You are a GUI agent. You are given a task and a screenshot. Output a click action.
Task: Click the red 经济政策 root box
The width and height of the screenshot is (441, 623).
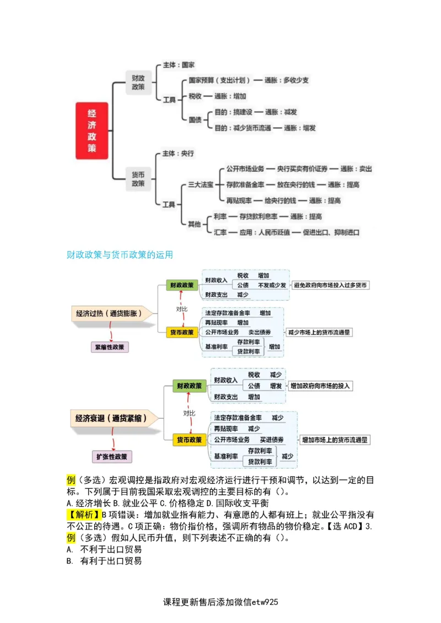pos(92,131)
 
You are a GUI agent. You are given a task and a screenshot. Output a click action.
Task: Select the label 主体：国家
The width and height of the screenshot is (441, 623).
pos(179,65)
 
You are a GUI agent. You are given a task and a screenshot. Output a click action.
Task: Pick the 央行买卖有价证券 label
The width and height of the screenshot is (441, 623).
pos(302,168)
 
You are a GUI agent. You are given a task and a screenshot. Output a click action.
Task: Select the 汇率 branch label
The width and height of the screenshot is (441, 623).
pos(220,232)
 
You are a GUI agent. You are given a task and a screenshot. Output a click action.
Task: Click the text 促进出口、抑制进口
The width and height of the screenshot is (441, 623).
pos(331,232)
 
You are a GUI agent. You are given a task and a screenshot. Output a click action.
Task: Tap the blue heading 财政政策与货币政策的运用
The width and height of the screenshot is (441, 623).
pos(120,255)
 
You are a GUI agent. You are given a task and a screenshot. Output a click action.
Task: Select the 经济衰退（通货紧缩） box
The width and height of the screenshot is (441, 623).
pos(111,418)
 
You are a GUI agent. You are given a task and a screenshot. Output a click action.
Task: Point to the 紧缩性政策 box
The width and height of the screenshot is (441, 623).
pos(110,347)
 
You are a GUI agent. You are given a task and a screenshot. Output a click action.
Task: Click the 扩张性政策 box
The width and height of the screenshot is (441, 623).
pos(112,456)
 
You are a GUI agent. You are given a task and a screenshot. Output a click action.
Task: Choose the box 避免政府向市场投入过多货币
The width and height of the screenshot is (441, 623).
pos(331,285)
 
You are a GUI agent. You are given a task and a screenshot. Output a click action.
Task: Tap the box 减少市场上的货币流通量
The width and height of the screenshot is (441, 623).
pos(319,332)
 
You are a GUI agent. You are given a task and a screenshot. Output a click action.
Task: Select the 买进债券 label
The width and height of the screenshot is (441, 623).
pos(272,440)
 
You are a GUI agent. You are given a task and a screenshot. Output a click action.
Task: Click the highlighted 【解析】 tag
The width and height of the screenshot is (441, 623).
pos(83,515)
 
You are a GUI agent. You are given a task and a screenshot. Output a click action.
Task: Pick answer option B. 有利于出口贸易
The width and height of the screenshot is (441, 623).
pos(104,561)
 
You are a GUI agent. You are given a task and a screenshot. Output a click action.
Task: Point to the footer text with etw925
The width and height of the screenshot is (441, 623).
pos(221,602)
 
